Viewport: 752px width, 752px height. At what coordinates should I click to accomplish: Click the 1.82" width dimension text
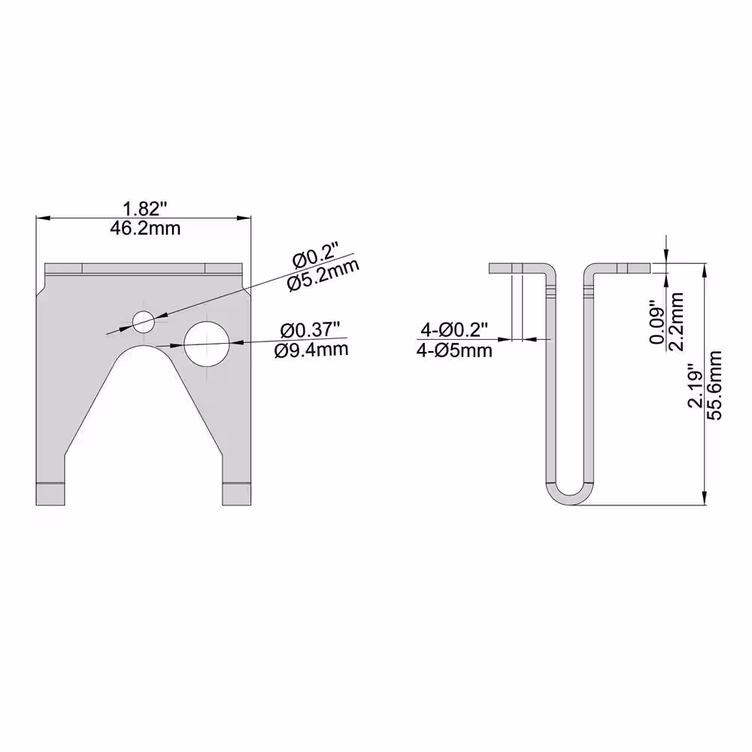145,209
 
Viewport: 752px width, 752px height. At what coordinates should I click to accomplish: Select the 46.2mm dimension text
145,229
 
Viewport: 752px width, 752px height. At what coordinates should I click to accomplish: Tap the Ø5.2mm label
323,276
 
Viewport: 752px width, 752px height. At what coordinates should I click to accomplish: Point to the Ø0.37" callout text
311,330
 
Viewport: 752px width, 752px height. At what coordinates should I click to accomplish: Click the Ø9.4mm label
311,350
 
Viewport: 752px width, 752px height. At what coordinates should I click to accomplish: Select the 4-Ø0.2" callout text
453,330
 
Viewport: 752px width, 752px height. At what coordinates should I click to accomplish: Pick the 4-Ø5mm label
454,351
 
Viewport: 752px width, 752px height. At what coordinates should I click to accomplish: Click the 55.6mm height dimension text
714,385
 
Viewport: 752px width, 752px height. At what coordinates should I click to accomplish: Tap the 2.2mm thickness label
676,321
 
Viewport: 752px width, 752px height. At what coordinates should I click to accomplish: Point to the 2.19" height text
696,388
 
